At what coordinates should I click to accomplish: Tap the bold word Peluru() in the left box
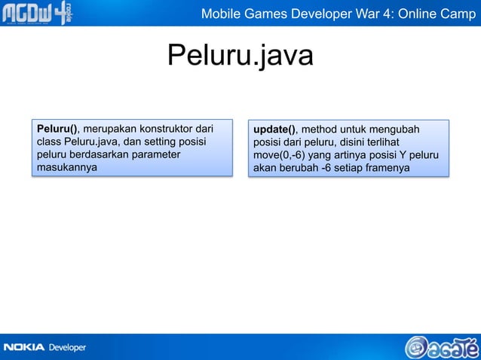[57, 128]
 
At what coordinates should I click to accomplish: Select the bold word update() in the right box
[275, 128]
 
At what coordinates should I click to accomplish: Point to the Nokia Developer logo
[45, 347]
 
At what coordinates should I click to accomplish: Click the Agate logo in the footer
[441, 345]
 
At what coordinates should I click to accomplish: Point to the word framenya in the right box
[387, 168]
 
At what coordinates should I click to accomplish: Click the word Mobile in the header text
[220, 14]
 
